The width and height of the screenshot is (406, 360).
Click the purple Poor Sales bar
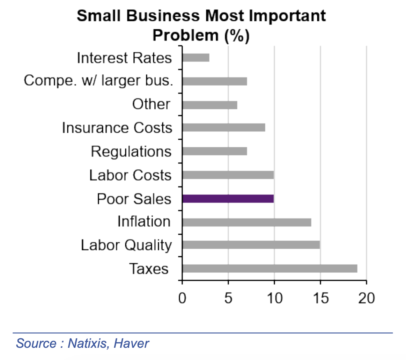(228, 199)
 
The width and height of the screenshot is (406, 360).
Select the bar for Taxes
(270, 269)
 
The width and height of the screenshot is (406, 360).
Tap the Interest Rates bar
(196, 58)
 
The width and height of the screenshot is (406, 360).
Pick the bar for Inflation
(246, 222)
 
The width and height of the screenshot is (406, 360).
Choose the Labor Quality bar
(251, 245)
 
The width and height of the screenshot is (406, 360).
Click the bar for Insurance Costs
(223, 127)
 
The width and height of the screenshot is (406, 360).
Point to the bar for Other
(210, 105)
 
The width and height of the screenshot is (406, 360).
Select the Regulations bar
(215, 151)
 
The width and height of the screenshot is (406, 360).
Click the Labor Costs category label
(131, 175)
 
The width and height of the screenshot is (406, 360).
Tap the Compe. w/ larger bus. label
(98, 81)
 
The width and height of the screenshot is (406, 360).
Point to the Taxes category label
(149, 269)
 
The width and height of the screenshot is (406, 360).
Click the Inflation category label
(144, 222)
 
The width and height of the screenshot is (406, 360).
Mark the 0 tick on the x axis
(182, 299)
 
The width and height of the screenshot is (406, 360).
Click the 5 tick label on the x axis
(228, 299)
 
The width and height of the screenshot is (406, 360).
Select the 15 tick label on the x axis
(320, 299)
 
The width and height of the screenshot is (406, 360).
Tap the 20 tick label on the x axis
(366, 299)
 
